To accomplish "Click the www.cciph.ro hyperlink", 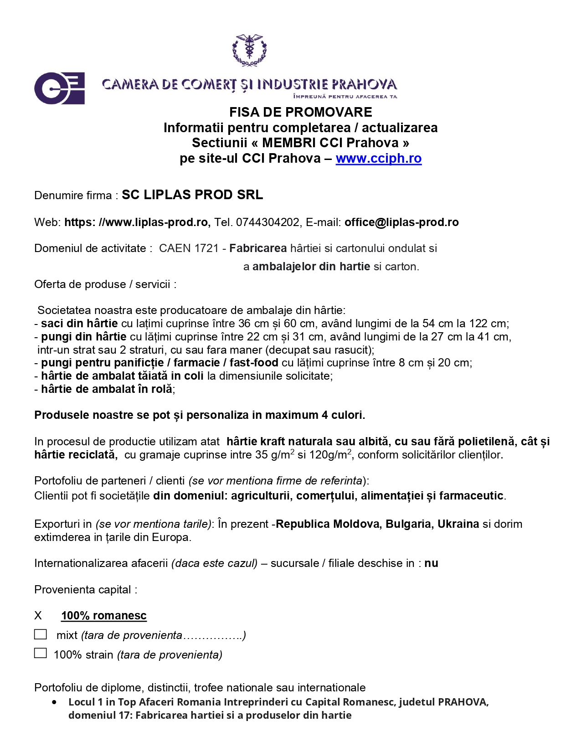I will [378, 158].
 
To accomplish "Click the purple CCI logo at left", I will [60, 88].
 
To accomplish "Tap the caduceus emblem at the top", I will [249, 50].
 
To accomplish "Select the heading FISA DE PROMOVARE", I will [300, 112].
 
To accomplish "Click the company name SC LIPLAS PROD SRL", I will [192, 195].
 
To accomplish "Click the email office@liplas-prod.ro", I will [401, 222].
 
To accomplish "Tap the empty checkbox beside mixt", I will [41, 634].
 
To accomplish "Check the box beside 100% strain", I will [41, 653].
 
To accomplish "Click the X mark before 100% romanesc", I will [38, 616].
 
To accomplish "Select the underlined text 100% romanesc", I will [104, 616].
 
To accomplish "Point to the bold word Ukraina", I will [458, 524].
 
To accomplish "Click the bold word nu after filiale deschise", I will [431, 563].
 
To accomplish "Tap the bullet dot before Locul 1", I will [55, 702].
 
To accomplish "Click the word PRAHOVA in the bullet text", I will [463, 702].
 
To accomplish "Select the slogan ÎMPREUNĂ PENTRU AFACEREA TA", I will [345, 97].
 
